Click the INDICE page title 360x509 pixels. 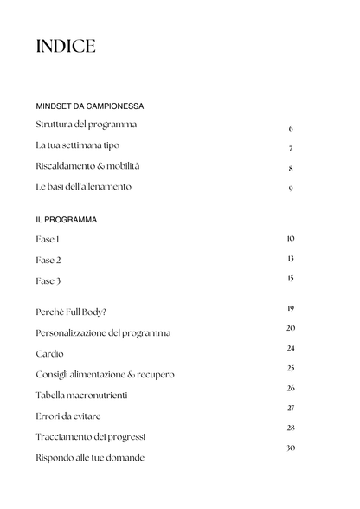click(66, 47)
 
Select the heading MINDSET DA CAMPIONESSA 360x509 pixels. click(89, 106)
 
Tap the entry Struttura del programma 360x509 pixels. click(86, 125)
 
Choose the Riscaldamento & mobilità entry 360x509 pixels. click(87, 166)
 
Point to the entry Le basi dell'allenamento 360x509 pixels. click(84, 187)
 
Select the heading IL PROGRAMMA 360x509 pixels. click(67, 220)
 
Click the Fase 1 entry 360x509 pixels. click(48, 239)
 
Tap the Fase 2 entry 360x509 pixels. click(48, 260)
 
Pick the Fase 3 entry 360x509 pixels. click(48, 281)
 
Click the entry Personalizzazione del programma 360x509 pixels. click(103, 332)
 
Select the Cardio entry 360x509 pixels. click(49, 354)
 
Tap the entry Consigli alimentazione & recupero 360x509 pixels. click(105, 375)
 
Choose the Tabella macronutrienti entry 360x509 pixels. click(81, 396)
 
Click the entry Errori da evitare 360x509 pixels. click(74, 416)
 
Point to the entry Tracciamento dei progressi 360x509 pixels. click(91, 436)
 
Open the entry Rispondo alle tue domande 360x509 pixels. click(90, 457)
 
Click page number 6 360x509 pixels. click(291, 128)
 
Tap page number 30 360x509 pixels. click(291, 448)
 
